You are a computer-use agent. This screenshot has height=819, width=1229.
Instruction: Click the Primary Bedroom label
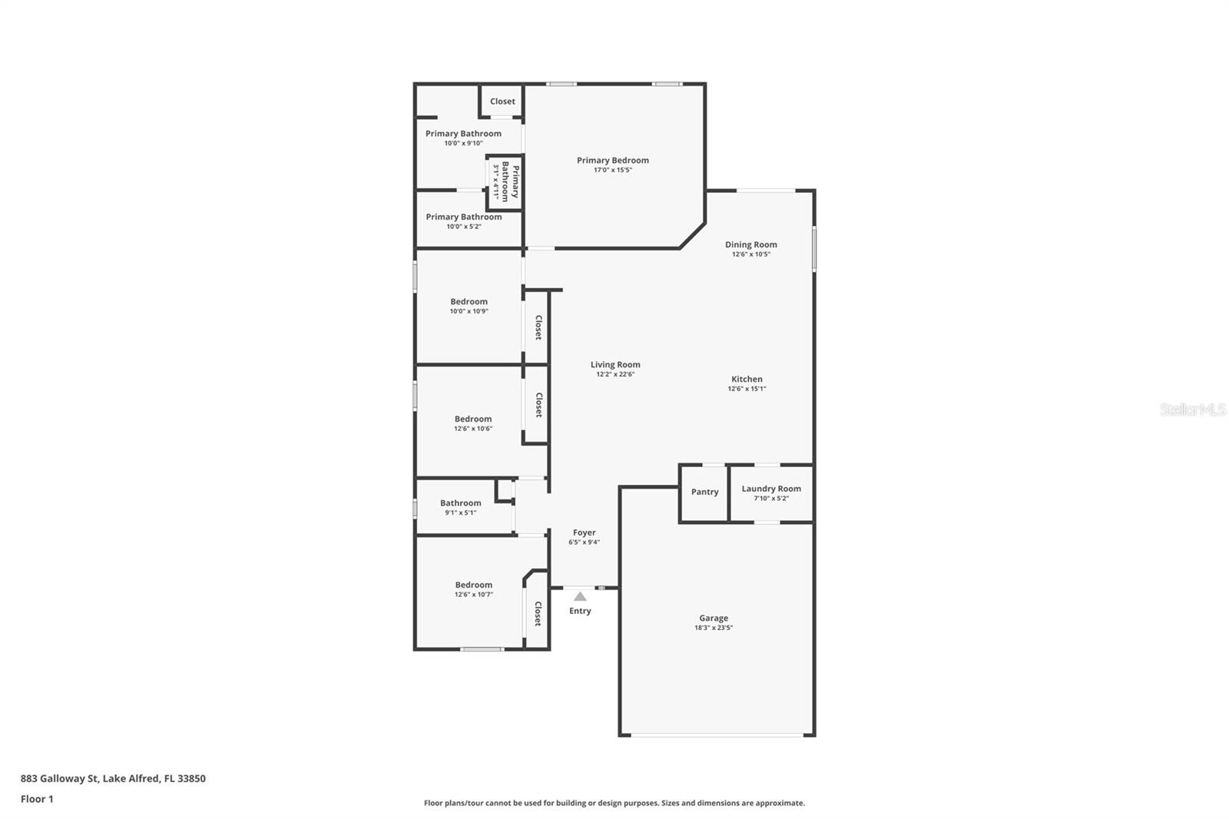[612, 161]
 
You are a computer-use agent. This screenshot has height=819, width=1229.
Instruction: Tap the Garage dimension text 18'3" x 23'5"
[713, 628]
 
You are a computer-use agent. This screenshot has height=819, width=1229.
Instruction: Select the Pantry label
[704, 492]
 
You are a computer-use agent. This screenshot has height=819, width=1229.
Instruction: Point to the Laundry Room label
[770, 489]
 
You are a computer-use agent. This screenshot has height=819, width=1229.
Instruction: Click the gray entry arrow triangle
[580, 596]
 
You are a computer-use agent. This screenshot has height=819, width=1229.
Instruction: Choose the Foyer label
[584, 532]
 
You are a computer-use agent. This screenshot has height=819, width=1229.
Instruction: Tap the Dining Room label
[750, 245]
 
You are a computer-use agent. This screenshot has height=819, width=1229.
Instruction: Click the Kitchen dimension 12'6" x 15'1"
[747, 389]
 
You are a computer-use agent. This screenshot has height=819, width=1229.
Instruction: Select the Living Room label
[614, 365]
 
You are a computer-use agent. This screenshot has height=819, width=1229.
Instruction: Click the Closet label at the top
[502, 101]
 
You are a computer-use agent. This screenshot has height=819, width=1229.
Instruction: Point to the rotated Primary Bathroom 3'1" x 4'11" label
[505, 181]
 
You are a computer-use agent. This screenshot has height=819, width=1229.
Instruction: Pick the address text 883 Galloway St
[113, 778]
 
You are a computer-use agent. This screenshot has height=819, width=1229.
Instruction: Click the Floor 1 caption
[37, 799]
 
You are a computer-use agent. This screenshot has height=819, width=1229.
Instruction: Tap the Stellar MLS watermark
[1192, 409]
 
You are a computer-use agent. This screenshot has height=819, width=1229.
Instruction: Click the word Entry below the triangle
[580, 612]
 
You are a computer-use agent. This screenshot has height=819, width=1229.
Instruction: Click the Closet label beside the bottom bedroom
[538, 613]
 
